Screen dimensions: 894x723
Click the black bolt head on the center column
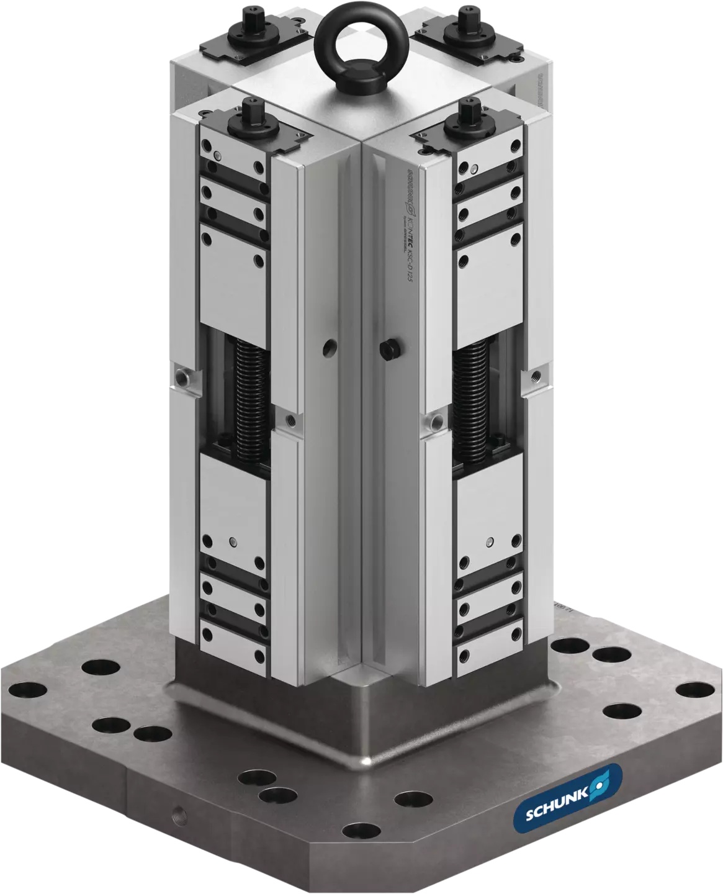[x=390, y=351]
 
